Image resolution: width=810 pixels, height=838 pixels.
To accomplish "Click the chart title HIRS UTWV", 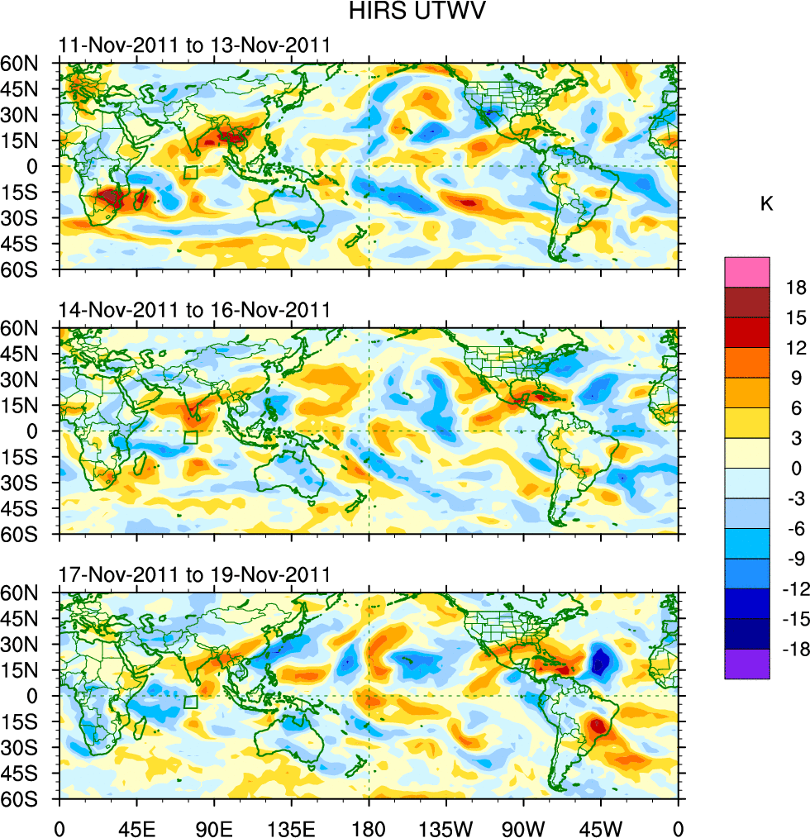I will pos(404,12).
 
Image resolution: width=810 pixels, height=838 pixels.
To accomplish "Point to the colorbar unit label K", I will pos(766,203).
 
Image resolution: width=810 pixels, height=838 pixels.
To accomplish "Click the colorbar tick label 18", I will pos(796,288).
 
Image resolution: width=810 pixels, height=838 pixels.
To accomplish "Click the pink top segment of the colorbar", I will pos(746,272).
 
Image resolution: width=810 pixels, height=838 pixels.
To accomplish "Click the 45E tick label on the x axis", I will pos(136,826).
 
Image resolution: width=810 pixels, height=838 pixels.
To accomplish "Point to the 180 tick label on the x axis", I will pos(369,826).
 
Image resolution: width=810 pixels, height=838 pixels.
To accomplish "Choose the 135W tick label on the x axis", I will pos(445,826).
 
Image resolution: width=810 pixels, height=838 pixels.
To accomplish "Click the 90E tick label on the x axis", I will pos(214,826).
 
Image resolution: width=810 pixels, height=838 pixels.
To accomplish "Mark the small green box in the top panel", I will pos(191,173).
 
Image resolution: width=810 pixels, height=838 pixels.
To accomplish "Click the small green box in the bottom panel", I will pos(191,702).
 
